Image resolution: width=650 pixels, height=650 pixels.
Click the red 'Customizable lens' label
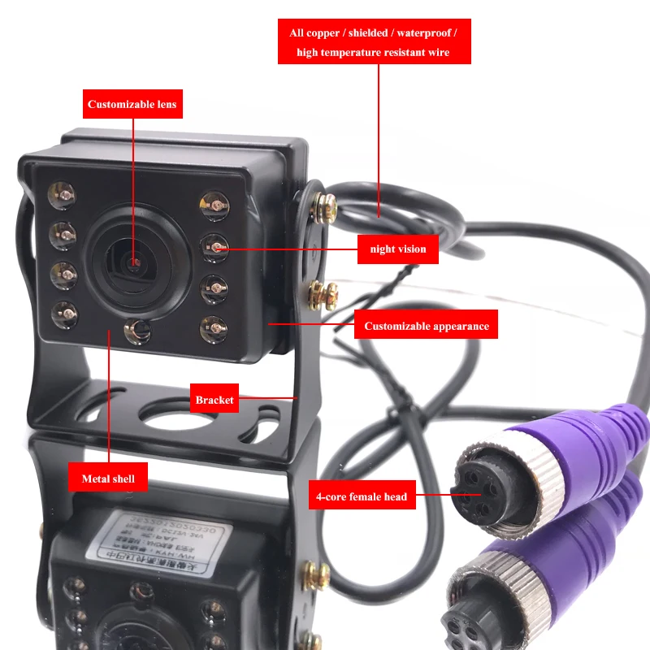[132, 104]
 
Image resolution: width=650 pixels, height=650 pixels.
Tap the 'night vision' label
[398, 249]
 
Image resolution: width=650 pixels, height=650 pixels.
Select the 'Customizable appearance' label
[426, 326]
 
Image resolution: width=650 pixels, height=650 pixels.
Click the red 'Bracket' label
[214, 400]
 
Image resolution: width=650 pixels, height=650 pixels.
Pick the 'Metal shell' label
[107, 479]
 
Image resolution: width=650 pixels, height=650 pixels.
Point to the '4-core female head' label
[361, 496]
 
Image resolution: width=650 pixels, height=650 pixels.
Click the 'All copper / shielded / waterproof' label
[374, 33]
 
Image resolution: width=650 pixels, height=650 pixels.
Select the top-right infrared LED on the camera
[214, 202]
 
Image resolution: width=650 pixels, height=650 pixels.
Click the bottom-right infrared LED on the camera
[213, 327]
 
